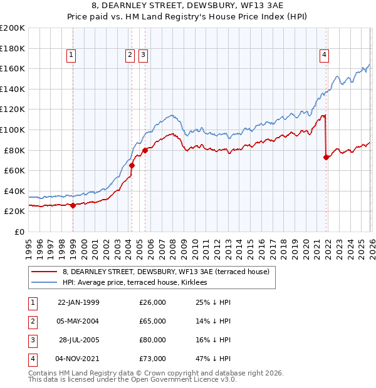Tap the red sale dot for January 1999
[x=73, y=205]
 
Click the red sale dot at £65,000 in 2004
[x=132, y=166]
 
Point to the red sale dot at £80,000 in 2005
[x=145, y=150]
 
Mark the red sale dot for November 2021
[x=326, y=157]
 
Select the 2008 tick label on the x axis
[x=172, y=246]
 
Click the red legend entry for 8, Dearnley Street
[x=165, y=272]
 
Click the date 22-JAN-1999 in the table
[x=78, y=302]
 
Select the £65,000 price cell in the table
[x=153, y=321]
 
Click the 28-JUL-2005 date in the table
[x=79, y=340]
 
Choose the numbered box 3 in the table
[x=31, y=340]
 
